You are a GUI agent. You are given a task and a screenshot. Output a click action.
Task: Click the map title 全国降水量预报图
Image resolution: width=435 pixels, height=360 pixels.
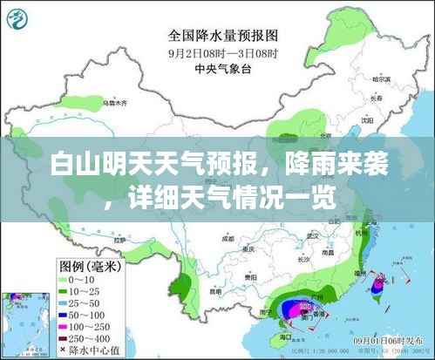(x=222, y=37)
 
